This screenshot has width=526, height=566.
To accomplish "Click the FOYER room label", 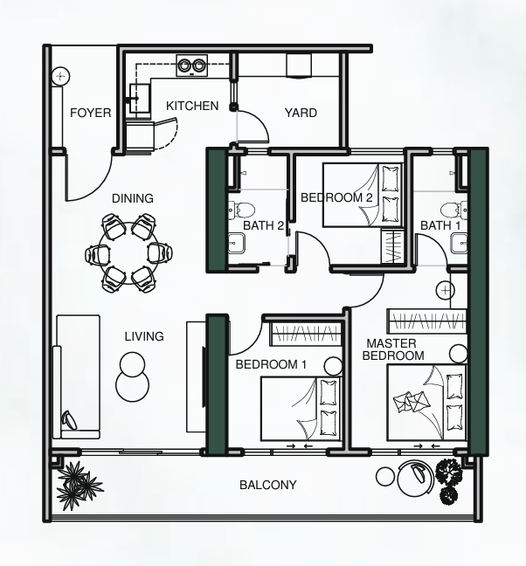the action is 90,113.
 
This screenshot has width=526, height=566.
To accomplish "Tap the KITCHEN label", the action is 192,106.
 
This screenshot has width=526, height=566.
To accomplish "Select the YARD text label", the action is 301,113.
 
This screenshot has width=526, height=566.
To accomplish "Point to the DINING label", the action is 133,198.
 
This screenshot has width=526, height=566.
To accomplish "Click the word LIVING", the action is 144,336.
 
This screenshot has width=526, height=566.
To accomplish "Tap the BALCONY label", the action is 268,485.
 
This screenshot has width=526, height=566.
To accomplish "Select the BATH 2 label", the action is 263,225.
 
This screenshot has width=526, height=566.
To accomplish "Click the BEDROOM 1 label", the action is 271,364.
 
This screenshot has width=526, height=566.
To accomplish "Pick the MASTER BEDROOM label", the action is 393,349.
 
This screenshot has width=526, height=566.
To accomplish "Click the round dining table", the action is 129,253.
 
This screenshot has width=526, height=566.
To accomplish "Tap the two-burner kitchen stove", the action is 191,66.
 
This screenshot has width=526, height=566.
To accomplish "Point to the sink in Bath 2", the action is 237,243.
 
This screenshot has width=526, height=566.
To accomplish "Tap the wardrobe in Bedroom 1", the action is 306,333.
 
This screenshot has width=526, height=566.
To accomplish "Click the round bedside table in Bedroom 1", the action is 333,366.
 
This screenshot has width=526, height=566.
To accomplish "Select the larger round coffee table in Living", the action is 133,385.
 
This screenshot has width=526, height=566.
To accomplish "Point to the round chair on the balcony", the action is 415,480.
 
